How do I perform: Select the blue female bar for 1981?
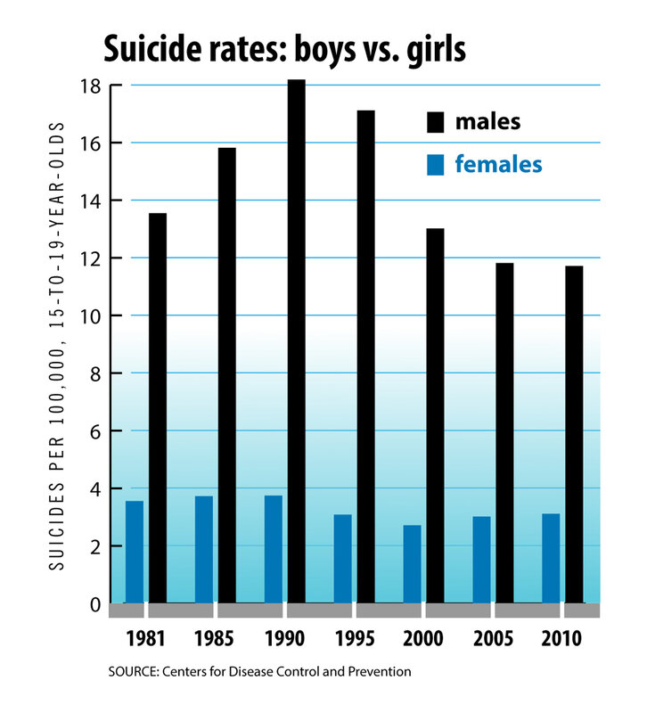(135, 552)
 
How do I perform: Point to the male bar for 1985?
(226, 375)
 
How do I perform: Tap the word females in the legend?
(498, 165)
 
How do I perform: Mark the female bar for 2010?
(551, 558)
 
